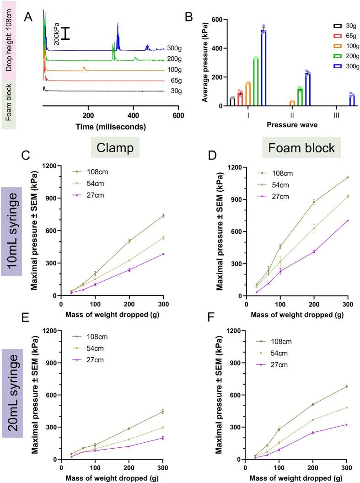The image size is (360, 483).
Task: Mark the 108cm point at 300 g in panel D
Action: pos(348,177)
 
